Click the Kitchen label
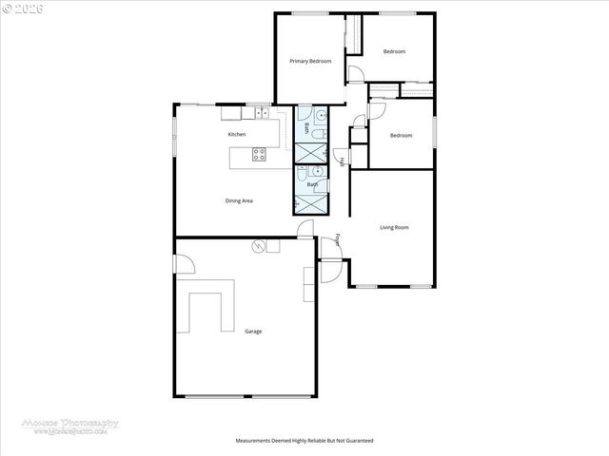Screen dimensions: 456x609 237,135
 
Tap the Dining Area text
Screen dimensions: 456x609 239,200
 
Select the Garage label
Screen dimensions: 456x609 252,332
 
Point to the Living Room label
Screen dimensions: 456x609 394,227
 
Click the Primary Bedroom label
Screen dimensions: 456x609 310,61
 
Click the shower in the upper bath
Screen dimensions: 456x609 308,153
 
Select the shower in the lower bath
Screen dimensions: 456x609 308,203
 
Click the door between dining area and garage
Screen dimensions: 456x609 304,228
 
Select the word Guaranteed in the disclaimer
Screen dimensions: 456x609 357,441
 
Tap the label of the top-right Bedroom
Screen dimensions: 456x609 395,51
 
